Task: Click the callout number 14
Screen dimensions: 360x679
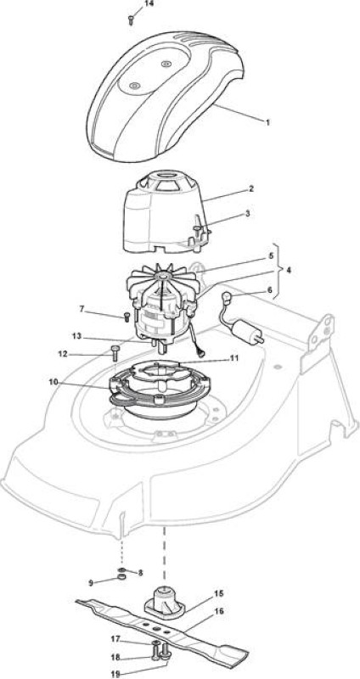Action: point(149,3)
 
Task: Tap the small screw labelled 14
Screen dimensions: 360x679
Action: point(131,20)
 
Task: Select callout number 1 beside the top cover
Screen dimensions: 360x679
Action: point(267,122)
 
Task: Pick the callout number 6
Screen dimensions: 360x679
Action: point(270,290)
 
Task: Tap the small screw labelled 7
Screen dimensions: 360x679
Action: point(127,316)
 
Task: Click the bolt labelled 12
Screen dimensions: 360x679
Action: point(115,353)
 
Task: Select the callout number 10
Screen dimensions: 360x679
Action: point(53,382)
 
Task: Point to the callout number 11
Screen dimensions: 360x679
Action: point(234,358)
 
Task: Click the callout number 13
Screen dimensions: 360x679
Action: point(76,336)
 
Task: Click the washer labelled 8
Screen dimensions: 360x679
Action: point(122,569)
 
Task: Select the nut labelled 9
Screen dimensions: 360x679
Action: point(121,577)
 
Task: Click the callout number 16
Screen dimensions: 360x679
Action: point(219,611)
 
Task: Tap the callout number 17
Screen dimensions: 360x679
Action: point(115,639)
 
